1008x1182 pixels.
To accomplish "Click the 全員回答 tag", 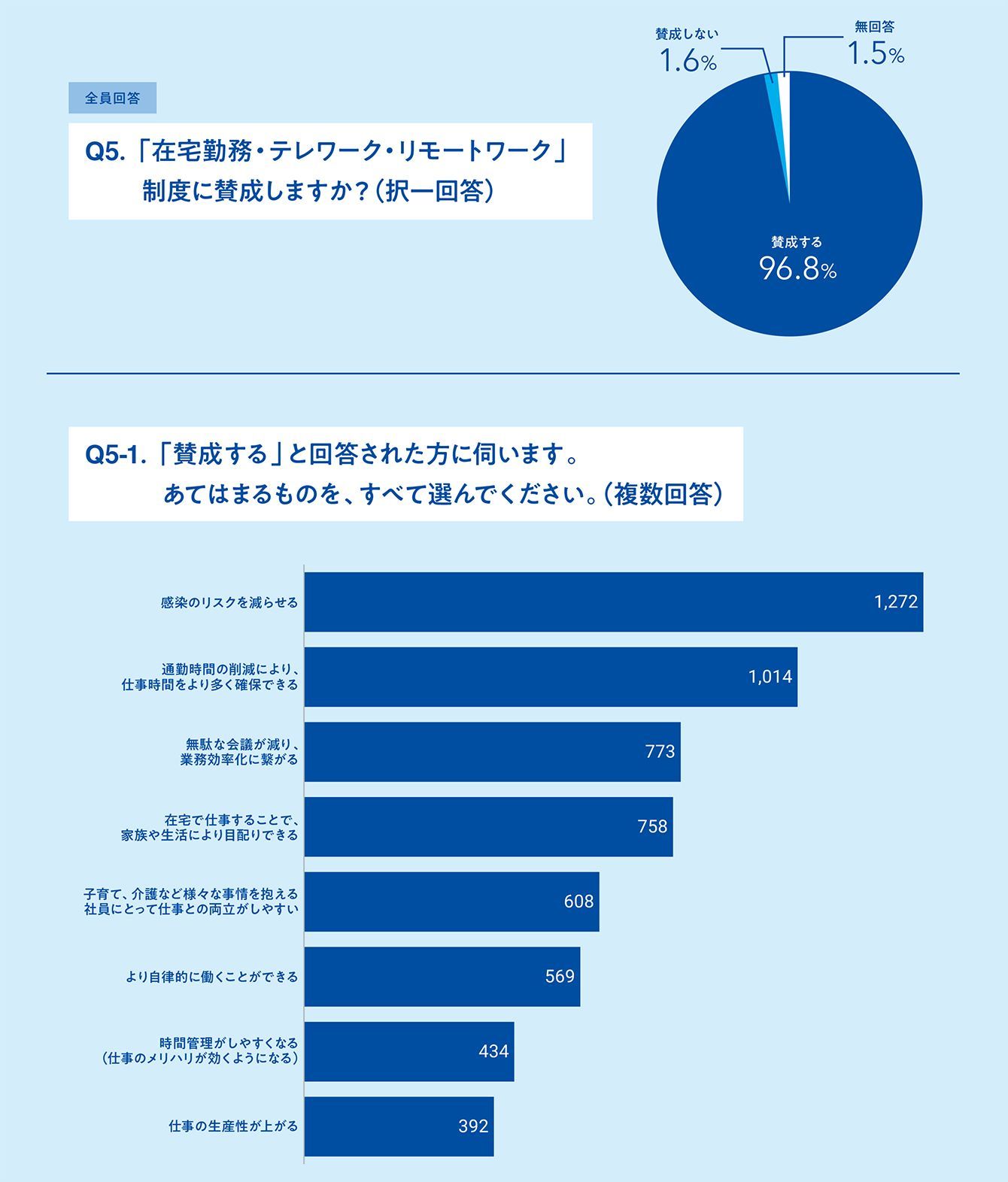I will coord(112,98).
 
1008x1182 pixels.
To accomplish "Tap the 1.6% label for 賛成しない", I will coord(688,61).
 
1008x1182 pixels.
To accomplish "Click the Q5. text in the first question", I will coord(104,153).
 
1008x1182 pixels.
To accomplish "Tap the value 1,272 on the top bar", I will coord(896,602).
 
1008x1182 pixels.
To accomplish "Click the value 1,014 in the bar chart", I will coord(770,677).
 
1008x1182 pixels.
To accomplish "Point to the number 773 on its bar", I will coord(660,752).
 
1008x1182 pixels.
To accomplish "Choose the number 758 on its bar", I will coord(652,826).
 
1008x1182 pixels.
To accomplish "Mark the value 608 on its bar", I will coord(578,901).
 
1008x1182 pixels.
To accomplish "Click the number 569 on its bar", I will coord(560,976).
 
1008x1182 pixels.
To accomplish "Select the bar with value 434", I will coord(409,1051).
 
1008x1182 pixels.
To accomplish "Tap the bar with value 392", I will coord(399,1126).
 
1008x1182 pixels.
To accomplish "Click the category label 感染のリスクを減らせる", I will coord(229,602).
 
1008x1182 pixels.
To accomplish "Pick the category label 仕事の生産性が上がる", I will coord(233,1126).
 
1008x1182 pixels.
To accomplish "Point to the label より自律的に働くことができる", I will coord(212,977).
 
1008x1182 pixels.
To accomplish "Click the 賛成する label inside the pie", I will coord(797,242).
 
